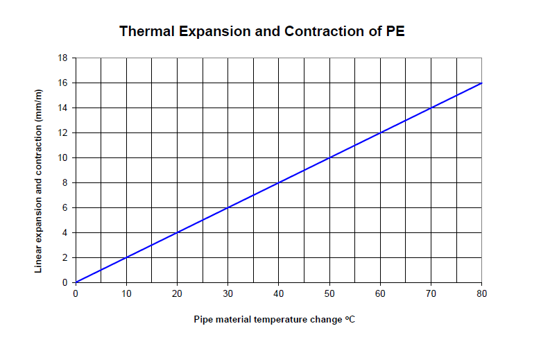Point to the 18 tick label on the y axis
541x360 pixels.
coord(62,58)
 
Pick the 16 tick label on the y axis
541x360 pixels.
coord(62,83)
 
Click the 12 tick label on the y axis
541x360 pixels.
coord(62,132)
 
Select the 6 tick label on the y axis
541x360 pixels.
coord(65,207)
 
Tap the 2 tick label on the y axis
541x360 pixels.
coord(65,257)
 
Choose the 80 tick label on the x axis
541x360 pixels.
coord(481,293)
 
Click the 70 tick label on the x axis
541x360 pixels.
coord(431,293)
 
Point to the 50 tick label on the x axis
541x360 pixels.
coord(329,293)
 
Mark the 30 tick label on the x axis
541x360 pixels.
coord(228,293)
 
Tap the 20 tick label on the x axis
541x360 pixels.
coord(177,293)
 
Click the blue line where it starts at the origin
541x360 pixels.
coord(76,282)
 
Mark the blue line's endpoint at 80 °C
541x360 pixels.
coord(481,83)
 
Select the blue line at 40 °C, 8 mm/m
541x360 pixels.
coord(279,182)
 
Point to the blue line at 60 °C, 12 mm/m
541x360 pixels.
coord(380,132)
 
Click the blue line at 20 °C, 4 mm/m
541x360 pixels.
coord(177,232)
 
